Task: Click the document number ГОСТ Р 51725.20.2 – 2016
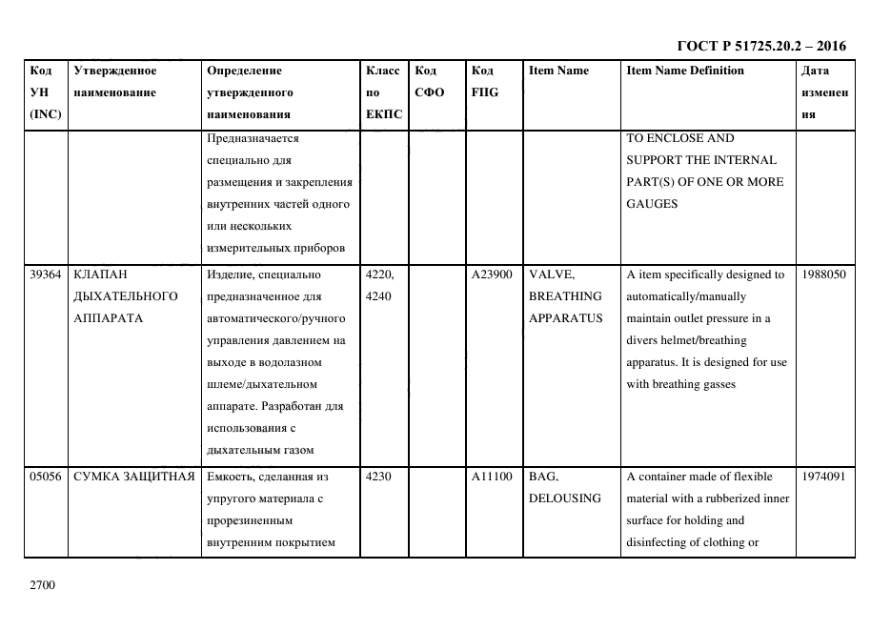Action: (x=760, y=46)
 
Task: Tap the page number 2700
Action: (x=44, y=585)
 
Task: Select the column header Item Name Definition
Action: (x=684, y=71)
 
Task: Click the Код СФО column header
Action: (x=426, y=82)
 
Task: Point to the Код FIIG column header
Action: (x=484, y=82)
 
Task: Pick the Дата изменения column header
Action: (x=824, y=92)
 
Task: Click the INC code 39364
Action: (x=47, y=274)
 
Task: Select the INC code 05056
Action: (x=47, y=477)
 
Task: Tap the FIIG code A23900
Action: (x=492, y=274)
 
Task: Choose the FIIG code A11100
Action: (x=492, y=477)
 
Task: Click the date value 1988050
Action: (x=823, y=274)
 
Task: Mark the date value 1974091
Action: (x=823, y=477)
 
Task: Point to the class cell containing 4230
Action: (x=378, y=477)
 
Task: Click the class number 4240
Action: (x=378, y=296)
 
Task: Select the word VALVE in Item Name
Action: (x=551, y=274)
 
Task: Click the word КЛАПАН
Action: (x=100, y=274)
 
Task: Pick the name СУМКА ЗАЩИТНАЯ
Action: (x=133, y=477)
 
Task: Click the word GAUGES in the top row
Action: (x=652, y=204)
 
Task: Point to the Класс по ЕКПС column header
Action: (x=383, y=92)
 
